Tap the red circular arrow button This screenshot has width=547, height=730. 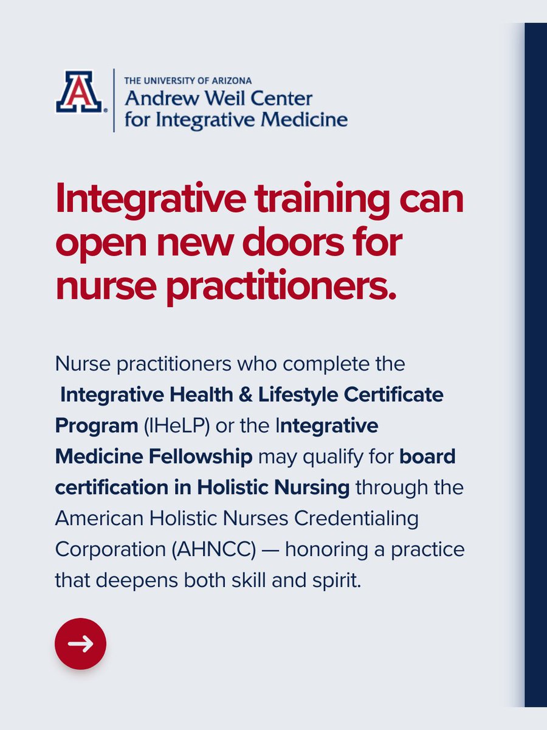(80, 644)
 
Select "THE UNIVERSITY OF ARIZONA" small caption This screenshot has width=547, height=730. (188, 80)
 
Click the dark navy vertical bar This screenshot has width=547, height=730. (535, 365)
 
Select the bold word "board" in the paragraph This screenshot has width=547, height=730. (427, 456)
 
